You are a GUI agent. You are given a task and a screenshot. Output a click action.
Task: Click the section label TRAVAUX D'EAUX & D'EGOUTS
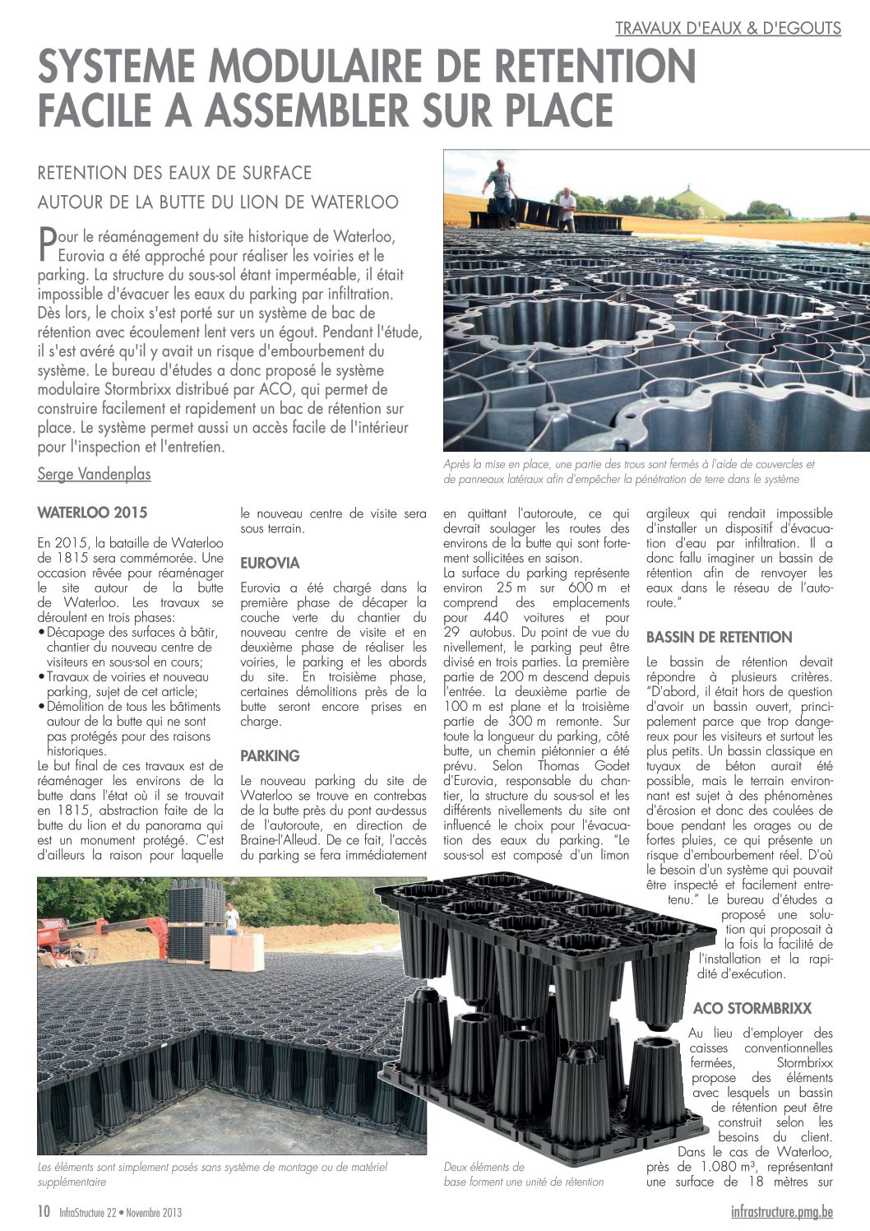click(728, 28)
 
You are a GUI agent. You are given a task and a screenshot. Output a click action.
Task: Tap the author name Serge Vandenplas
click(94, 474)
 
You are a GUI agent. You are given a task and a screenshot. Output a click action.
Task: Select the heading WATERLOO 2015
click(92, 513)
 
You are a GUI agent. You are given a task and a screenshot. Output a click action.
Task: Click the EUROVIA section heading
click(270, 564)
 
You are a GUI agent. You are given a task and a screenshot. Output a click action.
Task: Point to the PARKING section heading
click(270, 755)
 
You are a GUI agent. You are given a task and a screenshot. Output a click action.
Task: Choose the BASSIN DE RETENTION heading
click(719, 637)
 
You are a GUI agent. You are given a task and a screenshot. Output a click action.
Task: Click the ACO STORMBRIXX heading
click(752, 1008)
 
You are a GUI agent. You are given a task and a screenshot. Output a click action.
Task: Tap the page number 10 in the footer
click(44, 1211)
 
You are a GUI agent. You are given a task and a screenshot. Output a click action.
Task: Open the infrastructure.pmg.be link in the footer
click(781, 1211)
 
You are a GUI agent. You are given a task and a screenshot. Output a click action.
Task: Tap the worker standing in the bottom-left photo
click(232, 918)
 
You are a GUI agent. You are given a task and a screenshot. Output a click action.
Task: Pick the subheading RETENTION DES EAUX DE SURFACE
click(174, 173)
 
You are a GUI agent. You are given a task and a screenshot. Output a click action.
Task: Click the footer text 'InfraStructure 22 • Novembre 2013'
click(120, 1212)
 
